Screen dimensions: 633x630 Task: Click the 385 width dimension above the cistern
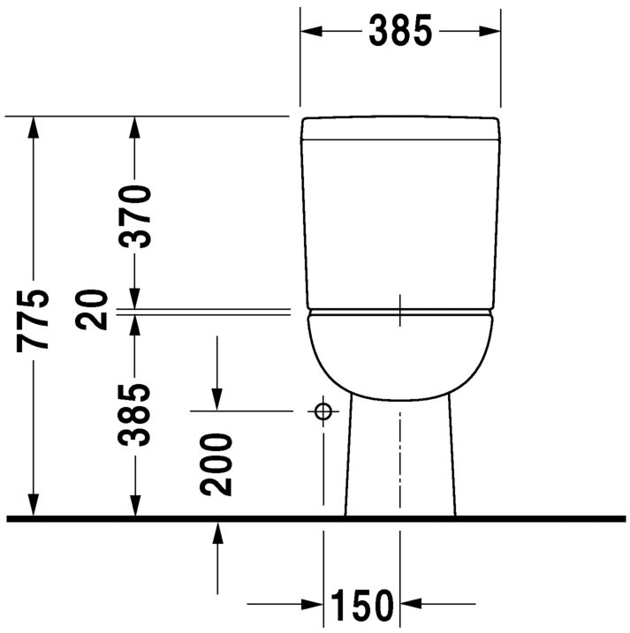(x=400, y=31)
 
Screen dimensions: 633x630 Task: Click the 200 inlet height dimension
(x=216, y=463)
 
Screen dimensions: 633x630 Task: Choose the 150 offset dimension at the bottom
(x=361, y=606)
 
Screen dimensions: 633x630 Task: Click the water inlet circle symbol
(x=323, y=411)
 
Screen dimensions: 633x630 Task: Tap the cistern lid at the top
(x=400, y=129)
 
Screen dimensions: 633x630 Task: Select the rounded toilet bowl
(x=400, y=353)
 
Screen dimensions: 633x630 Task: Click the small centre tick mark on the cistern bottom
(x=400, y=309)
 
